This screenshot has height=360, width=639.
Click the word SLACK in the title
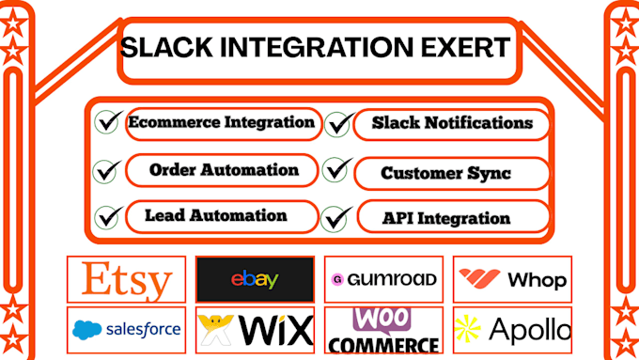tap(166, 47)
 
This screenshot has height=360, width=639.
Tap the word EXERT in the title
tap(466, 47)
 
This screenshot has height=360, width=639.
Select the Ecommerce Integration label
tap(221, 122)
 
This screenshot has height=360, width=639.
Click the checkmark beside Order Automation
tap(107, 171)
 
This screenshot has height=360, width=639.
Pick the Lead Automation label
tap(216, 215)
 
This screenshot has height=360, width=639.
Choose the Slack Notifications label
tap(452, 123)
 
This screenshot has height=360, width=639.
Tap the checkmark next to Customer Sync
tap(337, 169)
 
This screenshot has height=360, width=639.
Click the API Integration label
tap(446, 218)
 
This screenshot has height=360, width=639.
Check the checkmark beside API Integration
tap(336, 218)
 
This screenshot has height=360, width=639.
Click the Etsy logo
tap(127, 280)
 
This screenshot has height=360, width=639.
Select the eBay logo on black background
tap(255, 280)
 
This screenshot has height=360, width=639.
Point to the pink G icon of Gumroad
tap(337, 280)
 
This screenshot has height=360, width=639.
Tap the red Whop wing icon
tap(479, 278)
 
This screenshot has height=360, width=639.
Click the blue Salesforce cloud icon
tap(86, 330)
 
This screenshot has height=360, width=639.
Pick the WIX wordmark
tap(276, 330)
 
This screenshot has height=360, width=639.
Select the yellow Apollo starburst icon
tap(467, 328)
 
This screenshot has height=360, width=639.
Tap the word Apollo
tap(530, 329)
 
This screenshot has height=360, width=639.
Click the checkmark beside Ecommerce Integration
tap(109, 121)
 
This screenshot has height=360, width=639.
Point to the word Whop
tap(538, 280)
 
